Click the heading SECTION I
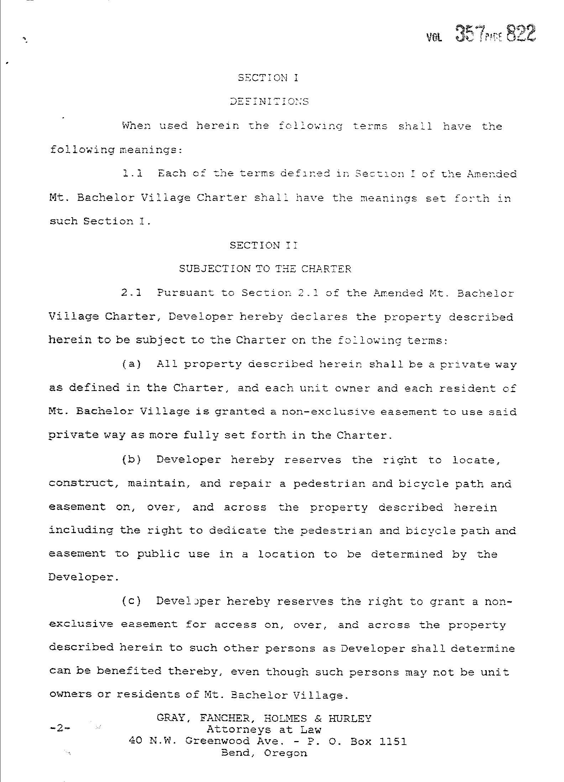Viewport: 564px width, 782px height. [268, 78]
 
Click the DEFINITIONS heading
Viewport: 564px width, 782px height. [269, 101]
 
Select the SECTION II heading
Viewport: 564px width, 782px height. [263, 245]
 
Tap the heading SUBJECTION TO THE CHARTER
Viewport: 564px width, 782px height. [265, 269]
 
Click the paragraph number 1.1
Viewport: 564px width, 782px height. [132, 173]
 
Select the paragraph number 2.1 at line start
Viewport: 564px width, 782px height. [131, 293]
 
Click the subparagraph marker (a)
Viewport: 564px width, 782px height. [132, 364]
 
